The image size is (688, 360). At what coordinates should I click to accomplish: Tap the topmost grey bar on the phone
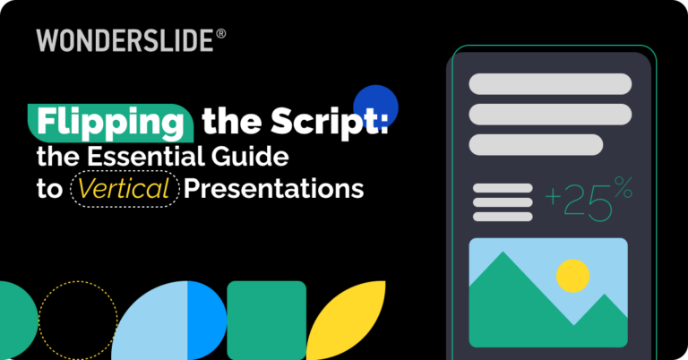pyautogui.click(x=549, y=85)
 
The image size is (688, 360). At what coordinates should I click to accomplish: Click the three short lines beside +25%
pyautogui.click(x=503, y=202)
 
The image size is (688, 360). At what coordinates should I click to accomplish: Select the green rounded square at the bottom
pyautogui.click(x=266, y=320)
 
